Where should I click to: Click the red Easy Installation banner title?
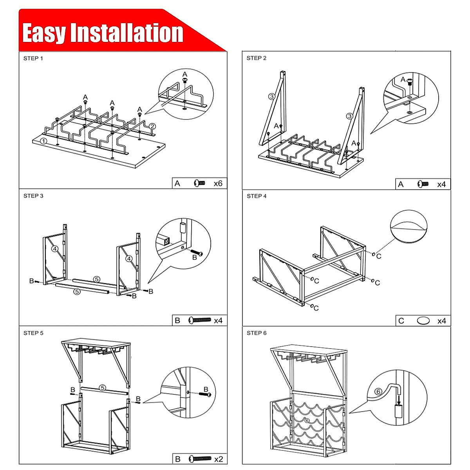tap(103, 33)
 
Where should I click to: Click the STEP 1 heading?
tap(33, 58)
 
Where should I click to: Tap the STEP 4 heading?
tap(257, 196)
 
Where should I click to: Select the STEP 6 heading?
tap(257, 333)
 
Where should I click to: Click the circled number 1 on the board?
tap(44, 141)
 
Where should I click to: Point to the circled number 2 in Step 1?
tap(152, 126)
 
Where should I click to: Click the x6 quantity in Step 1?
tap(218, 183)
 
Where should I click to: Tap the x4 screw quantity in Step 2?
tap(441, 184)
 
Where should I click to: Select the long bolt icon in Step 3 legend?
tap(200, 320)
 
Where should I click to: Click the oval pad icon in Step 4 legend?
tap(423, 321)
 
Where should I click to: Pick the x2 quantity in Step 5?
tap(219, 459)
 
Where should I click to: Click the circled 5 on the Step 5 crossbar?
tap(102, 388)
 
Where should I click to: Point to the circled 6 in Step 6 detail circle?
tap(378, 391)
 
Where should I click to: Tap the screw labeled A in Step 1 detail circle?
tap(185, 80)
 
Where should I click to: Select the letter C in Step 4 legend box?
tap(401, 321)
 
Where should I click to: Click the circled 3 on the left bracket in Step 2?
tap(272, 97)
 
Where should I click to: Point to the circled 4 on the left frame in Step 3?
tap(55, 248)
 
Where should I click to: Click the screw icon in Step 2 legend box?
tap(423, 184)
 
